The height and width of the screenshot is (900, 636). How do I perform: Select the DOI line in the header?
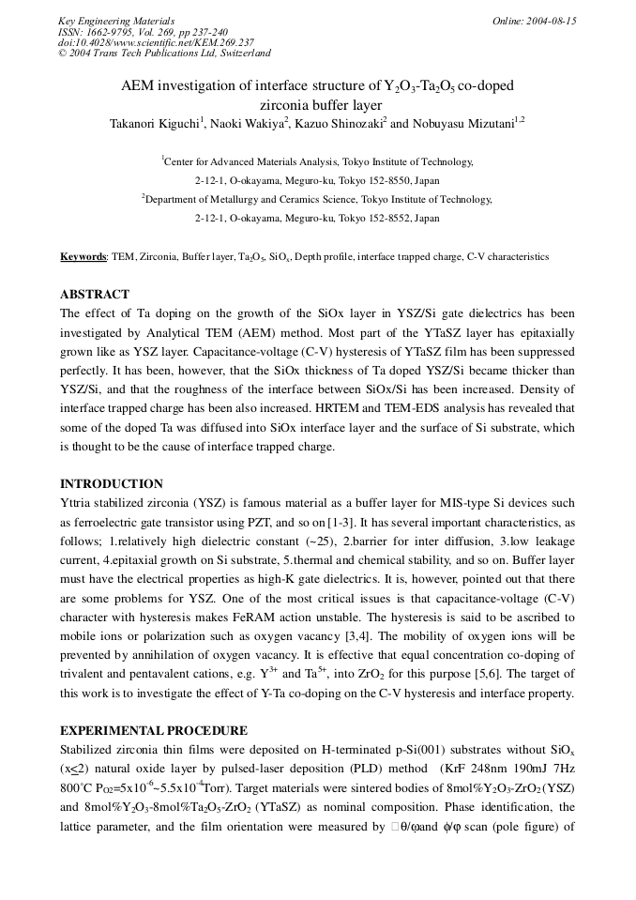pos(155,42)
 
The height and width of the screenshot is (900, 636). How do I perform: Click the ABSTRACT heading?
pos(95,294)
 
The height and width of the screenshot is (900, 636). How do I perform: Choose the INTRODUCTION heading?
pos(112,484)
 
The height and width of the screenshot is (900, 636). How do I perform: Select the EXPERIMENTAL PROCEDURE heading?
pos(154,730)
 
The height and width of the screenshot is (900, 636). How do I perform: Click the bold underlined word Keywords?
pos(83,257)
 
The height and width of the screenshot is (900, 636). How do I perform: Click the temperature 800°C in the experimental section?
pos(78,787)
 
